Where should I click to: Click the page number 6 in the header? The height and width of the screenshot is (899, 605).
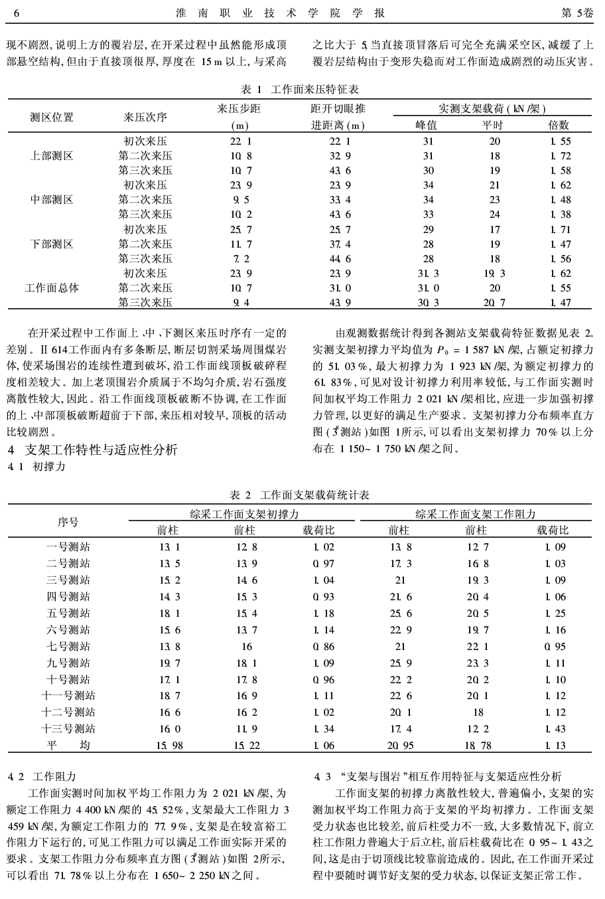pyautogui.click(x=17, y=13)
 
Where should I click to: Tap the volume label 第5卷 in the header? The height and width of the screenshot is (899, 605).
pyautogui.click(x=578, y=13)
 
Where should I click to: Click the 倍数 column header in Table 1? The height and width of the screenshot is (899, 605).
pyautogui.click(x=559, y=124)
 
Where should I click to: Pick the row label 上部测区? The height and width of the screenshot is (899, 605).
pyautogui.click(x=52, y=156)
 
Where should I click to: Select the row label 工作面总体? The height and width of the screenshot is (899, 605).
pyautogui.click(x=52, y=287)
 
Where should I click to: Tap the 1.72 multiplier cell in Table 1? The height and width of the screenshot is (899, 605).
pyautogui.click(x=559, y=156)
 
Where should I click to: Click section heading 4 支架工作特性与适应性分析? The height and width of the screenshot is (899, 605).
pyautogui.click(x=92, y=450)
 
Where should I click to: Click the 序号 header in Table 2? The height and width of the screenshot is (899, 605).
pyautogui.click(x=67, y=522)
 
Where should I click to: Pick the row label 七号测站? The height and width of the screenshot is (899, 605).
pyautogui.click(x=68, y=646)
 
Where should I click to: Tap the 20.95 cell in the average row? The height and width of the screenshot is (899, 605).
pyautogui.click(x=399, y=746)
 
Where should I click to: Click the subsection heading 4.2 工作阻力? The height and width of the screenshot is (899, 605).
pyautogui.click(x=42, y=776)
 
